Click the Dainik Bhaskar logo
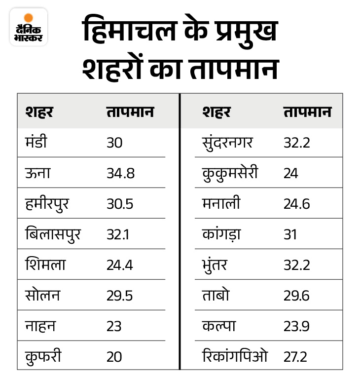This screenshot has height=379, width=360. pos(28,27)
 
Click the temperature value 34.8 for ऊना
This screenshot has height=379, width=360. pos(120,173)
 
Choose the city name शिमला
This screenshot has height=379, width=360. pos(45,265)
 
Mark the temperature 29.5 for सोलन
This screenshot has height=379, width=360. pos(120,295)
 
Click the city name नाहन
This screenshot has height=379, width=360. pos(40,326)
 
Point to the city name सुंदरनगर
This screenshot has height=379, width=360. pos(227,143)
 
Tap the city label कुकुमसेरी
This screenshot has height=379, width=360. pos(230,173)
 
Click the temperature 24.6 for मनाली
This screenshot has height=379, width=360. pos(296,204)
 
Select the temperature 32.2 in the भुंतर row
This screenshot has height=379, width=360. pos(296,265)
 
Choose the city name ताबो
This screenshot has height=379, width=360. pos(216,295)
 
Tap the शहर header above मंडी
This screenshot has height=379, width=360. pos(39,112)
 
